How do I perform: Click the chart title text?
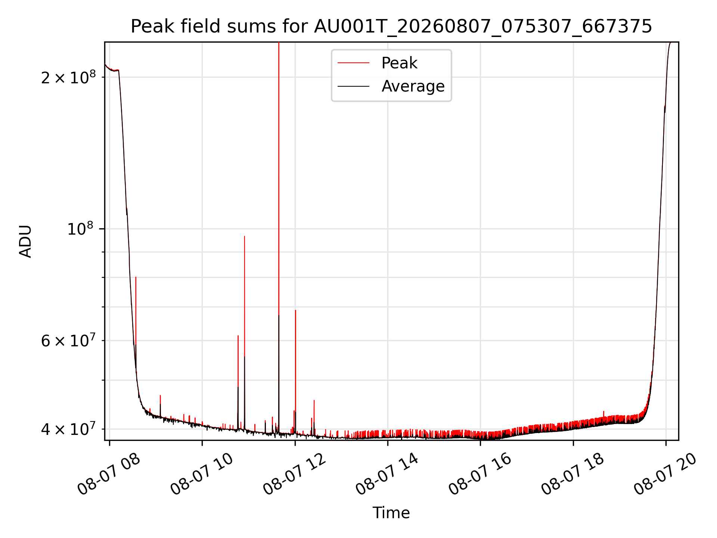coord(391,27)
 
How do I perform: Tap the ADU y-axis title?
coord(25,241)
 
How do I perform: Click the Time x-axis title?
coord(391,513)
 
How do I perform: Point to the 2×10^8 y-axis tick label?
coord(68,77)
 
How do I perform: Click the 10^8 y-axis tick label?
coord(81,228)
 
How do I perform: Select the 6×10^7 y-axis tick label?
coord(68,340)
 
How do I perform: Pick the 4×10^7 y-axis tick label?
coord(68,429)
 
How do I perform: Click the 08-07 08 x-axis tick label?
coord(108,474)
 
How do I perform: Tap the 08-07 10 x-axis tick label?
coord(201,474)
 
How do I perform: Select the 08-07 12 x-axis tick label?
coord(294,474)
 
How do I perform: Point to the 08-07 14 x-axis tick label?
coord(387,474)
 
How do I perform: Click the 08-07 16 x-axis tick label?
coord(479,474)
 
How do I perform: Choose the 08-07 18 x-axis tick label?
coord(572,474)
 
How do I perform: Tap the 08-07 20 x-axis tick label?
coord(665,474)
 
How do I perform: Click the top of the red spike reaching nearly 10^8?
coord(245,236)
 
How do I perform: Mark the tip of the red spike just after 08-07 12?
coord(295,310)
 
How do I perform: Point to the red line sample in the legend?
coord(353,63)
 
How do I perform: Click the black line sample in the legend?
coord(353,86)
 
